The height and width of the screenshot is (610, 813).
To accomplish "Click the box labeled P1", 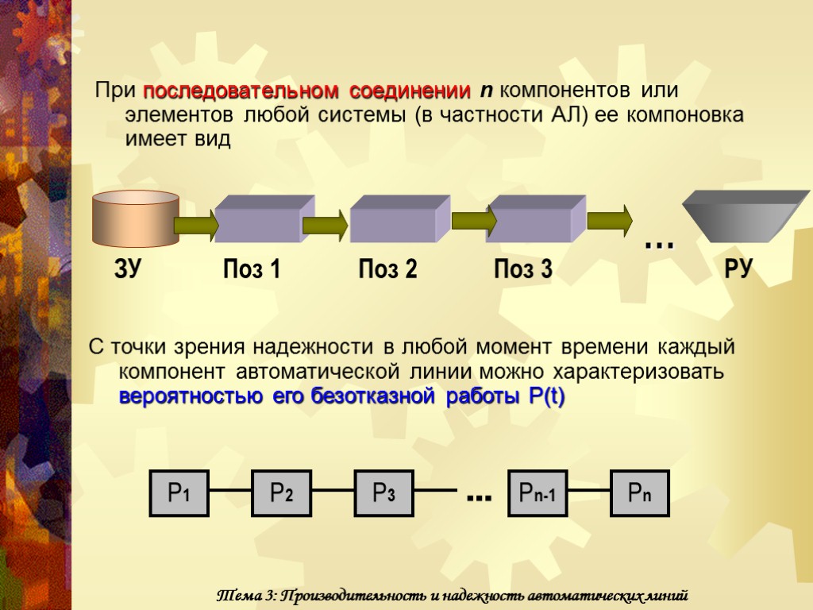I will pos(179,494).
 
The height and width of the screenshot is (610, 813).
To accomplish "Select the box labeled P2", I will pos(281,494).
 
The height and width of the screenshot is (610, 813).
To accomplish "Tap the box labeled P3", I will pos(383,494).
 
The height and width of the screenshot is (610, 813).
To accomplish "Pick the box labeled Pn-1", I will pos(537,494).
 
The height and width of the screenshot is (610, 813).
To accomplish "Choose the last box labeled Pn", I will pos(639,494).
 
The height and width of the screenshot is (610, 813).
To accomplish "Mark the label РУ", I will pos(738,270).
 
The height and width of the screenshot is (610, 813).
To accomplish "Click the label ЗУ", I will pos(128,270).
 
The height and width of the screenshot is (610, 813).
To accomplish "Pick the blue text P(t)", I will pos(545,396).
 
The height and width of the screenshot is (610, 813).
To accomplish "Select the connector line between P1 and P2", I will pos(230,492).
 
